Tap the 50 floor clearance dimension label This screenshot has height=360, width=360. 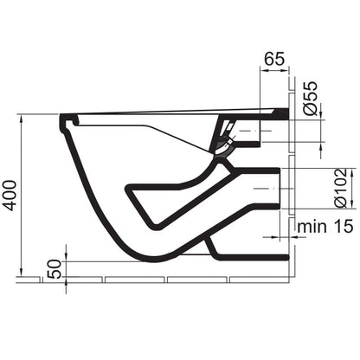click(x=55, y=269)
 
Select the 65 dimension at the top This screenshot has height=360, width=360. click(x=274, y=59)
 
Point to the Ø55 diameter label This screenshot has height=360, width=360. click(x=311, y=99)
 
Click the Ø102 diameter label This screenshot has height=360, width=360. click(x=341, y=188)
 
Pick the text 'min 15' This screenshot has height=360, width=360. click(x=325, y=227)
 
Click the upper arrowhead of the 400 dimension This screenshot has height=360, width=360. click(x=21, y=119)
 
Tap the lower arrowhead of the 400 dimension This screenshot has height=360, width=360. click(x=21, y=272)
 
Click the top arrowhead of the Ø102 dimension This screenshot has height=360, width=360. click(x=351, y=172)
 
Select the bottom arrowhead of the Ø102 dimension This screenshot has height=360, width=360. click(x=351, y=203)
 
